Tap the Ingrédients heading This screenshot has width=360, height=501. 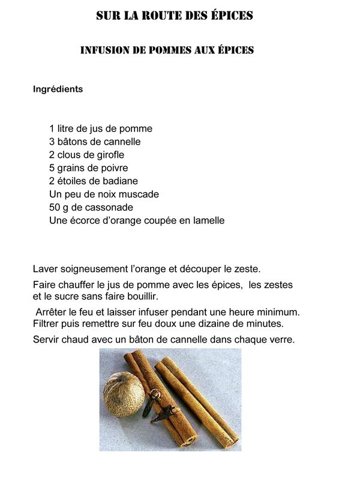pyautogui.click(x=58, y=89)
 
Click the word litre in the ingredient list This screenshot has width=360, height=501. pyautogui.click(x=67, y=128)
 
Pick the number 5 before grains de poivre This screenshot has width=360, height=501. pyautogui.click(x=52, y=168)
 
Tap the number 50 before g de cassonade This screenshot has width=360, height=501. pyautogui.click(x=55, y=208)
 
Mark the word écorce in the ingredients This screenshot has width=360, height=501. pyautogui.click(x=86, y=220)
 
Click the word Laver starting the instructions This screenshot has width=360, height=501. pyautogui.click(x=46, y=269)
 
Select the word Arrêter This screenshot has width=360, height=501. pyautogui.click(x=52, y=313)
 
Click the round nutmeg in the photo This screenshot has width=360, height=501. pyautogui.click(x=123, y=394)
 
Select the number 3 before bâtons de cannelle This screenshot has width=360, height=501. pyautogui.click(x=52, y=142)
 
